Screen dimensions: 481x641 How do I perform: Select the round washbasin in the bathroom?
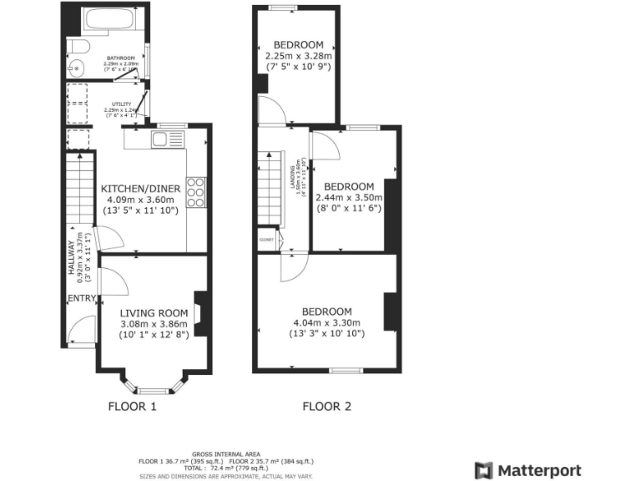click(x=77, y=68)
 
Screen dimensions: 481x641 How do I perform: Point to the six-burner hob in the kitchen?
click(x=196, y=193)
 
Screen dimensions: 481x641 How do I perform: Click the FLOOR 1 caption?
click(x=133, y=408)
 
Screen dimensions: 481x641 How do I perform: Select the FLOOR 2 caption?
click(x=326, y=408)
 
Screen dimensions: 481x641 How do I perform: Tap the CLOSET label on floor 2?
click(x=267, y=240)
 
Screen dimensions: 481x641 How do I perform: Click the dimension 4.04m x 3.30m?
click(x=326, y=323)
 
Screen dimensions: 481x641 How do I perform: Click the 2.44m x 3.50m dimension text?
click(x=348, y=198)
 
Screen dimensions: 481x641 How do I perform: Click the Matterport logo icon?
click(x=484, y=470)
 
